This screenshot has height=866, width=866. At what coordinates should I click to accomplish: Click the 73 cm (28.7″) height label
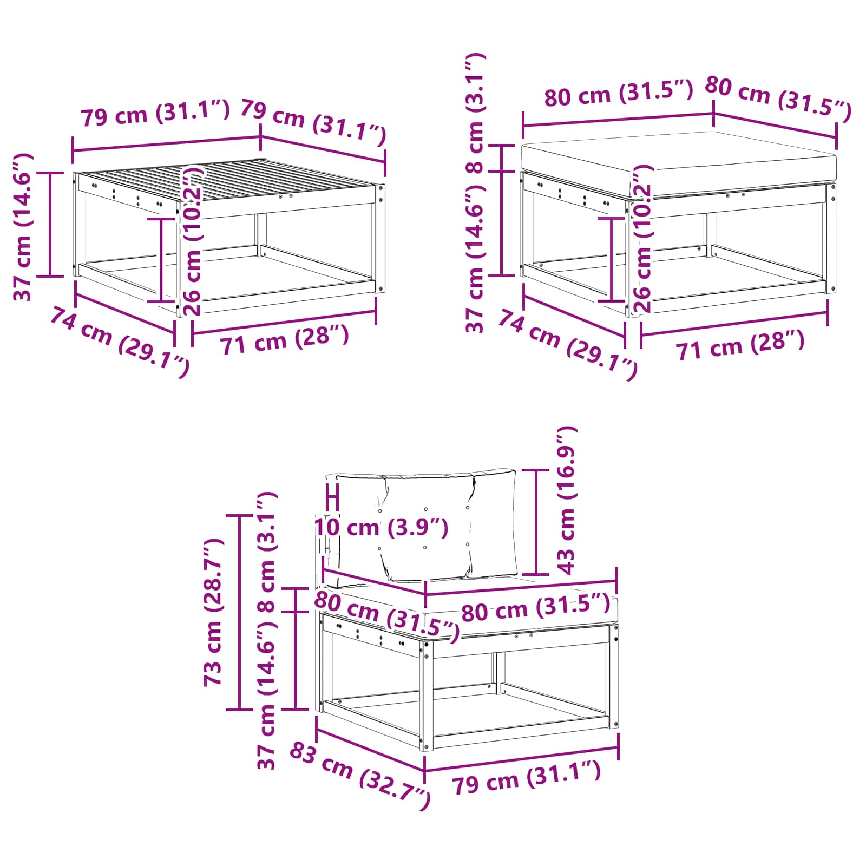(x=213, y=612)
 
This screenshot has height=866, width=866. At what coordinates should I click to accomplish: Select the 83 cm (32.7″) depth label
(x=360, y=776)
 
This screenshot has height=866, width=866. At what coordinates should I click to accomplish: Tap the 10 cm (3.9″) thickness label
(x=382, y=527)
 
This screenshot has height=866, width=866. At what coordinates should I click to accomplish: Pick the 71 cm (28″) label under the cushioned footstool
(x=740, y=345)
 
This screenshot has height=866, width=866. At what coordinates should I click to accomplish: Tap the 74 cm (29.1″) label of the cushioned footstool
(x=568, y=345)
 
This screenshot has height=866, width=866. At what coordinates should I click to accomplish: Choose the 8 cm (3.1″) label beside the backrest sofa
(x=267, y=552)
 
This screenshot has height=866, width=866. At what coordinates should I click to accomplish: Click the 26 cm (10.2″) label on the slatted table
(x=193, y=241)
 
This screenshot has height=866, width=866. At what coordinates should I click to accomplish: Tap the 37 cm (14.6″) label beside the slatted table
(x=24, y=227)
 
